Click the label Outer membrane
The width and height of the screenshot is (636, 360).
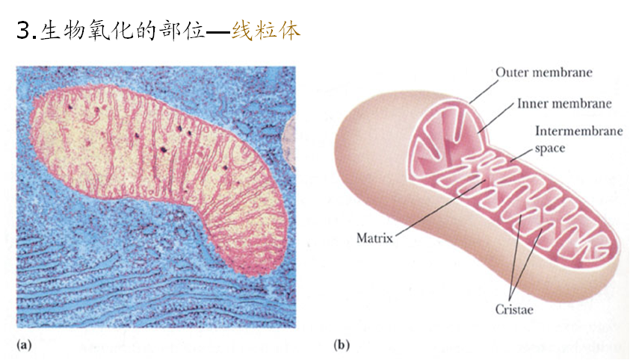[x=544, y=73]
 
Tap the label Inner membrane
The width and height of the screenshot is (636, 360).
[x=564, y=104]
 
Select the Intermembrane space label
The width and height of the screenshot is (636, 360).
[x=578, y=131]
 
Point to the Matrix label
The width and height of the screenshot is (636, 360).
[x=374, y=239]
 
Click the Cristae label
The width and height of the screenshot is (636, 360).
[x=513, y=309]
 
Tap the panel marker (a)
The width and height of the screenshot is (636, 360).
[x=24, y=345]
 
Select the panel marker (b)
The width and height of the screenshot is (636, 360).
[x=342, y=345]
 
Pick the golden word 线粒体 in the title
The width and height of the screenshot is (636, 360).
[x=266, y=31]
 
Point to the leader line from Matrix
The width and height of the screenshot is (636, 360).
[x=433, y=210]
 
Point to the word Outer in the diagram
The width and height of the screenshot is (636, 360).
[x=511, y=73]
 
